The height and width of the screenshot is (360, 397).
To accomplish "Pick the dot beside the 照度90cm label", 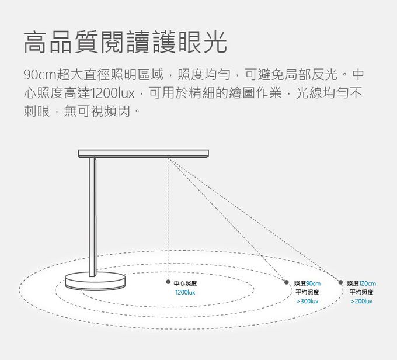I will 288,283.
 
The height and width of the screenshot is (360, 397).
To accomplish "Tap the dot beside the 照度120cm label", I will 341,283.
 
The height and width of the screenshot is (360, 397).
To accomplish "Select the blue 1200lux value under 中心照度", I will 184,292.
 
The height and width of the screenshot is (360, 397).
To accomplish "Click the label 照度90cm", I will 307,283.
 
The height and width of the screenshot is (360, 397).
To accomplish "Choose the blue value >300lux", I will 307,301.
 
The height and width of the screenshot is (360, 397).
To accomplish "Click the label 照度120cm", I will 361,283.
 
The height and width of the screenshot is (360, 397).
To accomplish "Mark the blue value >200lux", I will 361,301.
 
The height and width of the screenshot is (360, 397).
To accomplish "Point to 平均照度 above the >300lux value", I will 307,292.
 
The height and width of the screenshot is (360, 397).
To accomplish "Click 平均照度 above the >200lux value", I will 361,292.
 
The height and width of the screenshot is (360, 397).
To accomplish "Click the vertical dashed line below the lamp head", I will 168,222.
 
